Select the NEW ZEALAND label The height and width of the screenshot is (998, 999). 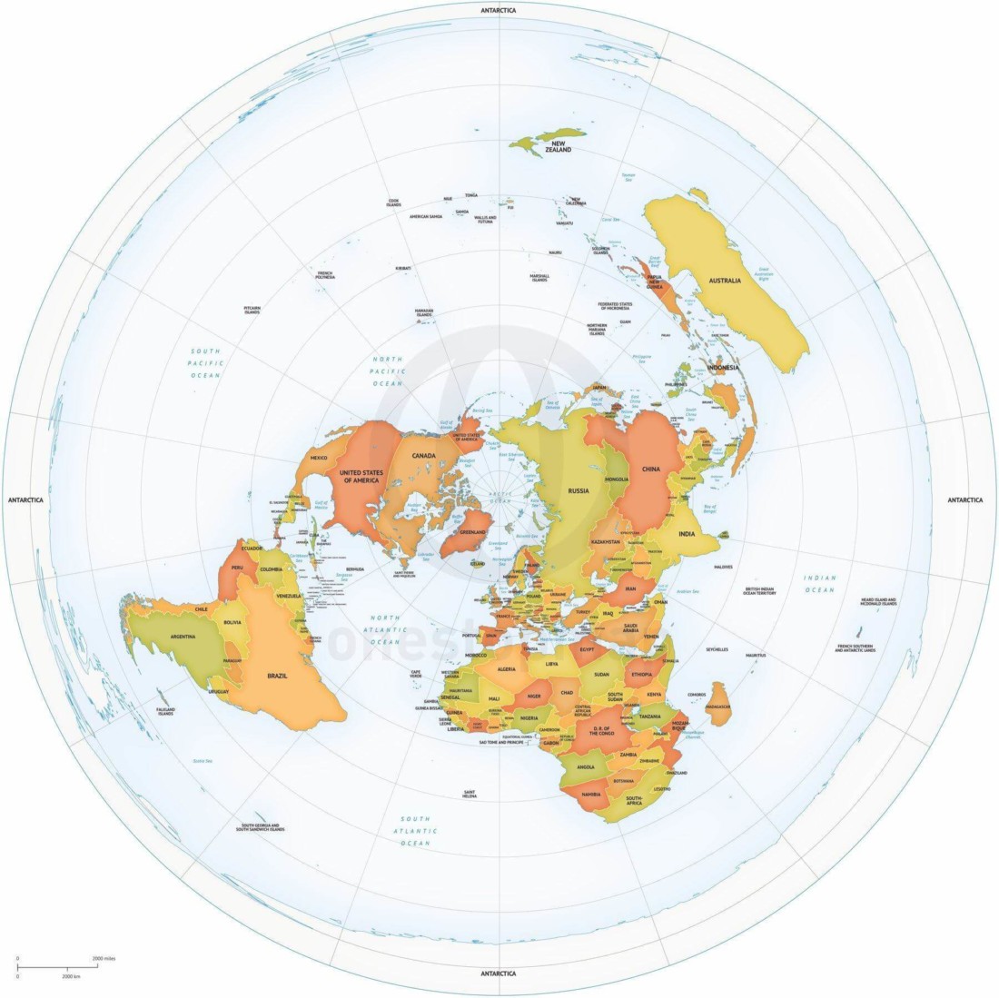tap(558, 146)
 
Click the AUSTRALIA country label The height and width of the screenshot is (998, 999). tap(725, 281)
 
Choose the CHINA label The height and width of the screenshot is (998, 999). tap(650, 469)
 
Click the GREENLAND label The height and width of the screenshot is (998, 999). tap(474, 531)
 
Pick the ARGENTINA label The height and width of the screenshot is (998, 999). tap(177, 637)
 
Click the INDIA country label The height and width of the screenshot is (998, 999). tap(687, 534)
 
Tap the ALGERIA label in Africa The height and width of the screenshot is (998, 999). tap(506, 669)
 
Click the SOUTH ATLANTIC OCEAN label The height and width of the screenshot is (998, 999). tap(416, 831)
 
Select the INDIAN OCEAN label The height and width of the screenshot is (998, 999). tap(819, 584)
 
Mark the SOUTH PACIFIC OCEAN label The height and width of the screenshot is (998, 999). tap(206, 362)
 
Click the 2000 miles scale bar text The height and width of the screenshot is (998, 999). tap(103, 959)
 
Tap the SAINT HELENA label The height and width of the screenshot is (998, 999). tap(470, 794)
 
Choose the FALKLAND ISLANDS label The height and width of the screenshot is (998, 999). tap(165, 711)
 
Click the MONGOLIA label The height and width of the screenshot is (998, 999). tap(617, 479)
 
